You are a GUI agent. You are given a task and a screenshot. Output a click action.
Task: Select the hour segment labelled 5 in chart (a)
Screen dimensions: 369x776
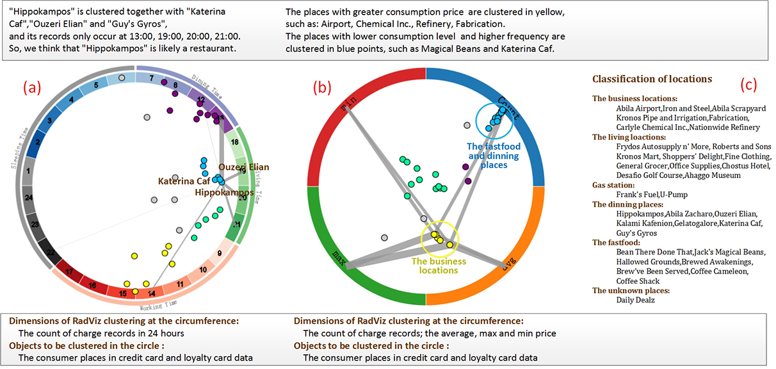(x=95, y=85)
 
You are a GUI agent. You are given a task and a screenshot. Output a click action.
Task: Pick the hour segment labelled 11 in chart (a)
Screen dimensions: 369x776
(x=181, y=284)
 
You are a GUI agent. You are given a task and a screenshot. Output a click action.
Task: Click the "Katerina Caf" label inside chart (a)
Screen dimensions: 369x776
(x=184, y=182)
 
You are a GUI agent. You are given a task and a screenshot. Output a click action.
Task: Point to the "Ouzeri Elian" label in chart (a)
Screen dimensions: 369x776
(x=244, y=167)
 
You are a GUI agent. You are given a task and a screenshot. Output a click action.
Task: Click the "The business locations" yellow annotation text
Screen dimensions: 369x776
(x=439, y=266)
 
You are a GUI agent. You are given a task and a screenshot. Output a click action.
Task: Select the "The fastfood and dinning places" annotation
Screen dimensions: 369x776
(x=494, y=156)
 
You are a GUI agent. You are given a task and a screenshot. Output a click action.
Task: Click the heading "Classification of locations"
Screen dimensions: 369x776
(x=652, y=79)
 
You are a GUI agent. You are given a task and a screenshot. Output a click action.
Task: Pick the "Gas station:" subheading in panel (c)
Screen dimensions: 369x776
(x=615, y=184)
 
